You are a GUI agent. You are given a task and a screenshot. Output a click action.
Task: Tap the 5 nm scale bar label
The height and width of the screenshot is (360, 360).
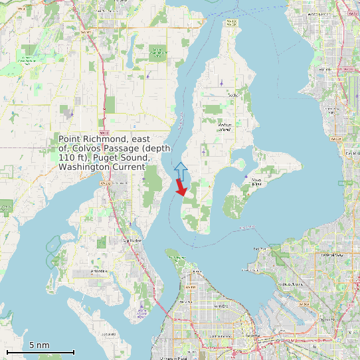tap(39, 345)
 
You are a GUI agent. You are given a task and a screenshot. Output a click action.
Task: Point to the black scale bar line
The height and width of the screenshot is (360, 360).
tap(40, 352)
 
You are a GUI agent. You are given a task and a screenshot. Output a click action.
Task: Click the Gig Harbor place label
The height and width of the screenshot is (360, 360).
tap(132, 240)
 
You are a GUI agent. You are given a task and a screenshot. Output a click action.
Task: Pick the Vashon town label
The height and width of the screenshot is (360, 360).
tap(232, 95)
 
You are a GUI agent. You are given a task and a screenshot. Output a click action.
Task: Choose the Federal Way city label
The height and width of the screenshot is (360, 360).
tap(330, 254)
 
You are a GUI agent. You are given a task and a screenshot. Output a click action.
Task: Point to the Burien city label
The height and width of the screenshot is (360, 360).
tap(325, 69)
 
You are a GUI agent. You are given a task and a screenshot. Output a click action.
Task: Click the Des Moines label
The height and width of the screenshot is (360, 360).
tap(350, 153)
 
